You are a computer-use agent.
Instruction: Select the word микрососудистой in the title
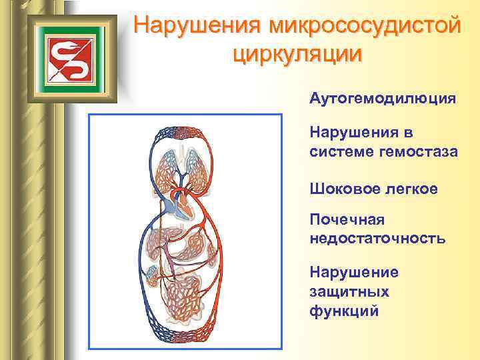click(x=364, y=26)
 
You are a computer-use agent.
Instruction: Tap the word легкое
click(x=413, y=189)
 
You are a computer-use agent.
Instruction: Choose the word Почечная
click(x=347, y=220)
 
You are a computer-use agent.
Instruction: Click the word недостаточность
click(x=377, y=238)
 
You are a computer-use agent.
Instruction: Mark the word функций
click(x=344, y=311)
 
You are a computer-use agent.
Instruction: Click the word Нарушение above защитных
click(x=354, y=273)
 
